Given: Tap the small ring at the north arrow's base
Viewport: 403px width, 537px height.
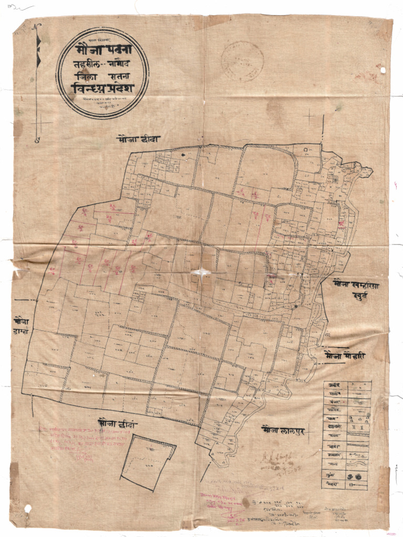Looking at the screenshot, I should [37, 140].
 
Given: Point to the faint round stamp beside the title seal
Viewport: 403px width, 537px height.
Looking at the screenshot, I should [242, 61].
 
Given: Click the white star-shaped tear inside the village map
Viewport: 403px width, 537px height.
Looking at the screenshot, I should [202, 273].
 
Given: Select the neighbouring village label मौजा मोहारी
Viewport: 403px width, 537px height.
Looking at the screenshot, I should [344, 356].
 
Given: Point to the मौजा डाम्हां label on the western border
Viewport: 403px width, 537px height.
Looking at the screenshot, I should [22, 325].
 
